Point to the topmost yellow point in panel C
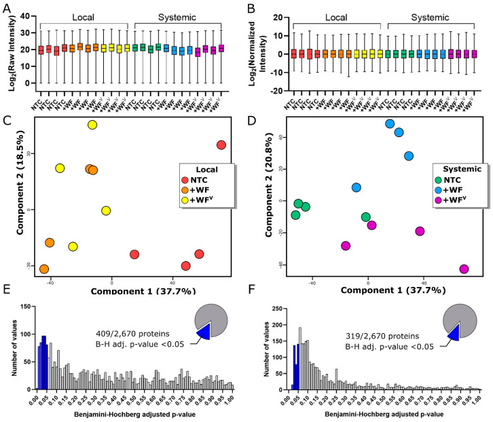pos(92,125)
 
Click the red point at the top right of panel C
pos(221,145)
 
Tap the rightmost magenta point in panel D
pos(464,269)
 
